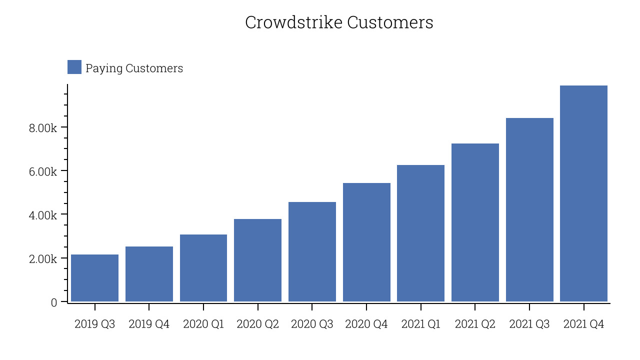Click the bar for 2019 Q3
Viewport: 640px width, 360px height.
click(94, 278)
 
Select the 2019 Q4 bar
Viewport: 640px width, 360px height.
click(149, 274)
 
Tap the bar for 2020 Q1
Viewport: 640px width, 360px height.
click(203, 268)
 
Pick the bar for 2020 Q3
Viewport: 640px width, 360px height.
click(312, 251)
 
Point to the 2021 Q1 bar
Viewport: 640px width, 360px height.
click(421, 233)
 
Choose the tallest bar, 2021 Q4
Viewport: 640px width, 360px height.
click(583, 193)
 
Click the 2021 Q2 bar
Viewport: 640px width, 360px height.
click(475, 222)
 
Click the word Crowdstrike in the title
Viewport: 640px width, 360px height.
click(293, 22)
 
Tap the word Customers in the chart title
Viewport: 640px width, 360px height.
click(390, 22)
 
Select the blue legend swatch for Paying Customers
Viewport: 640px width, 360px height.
click(74, 67)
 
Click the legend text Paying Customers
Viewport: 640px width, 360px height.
click(134, 68)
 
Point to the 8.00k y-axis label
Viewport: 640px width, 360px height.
click(43, 128)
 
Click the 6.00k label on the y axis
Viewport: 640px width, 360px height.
click(43, 171)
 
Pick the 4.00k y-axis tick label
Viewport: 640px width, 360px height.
click(43, 215)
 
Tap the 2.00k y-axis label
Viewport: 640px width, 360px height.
click(43, 259)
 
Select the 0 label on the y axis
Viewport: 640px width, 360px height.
click(54, 302)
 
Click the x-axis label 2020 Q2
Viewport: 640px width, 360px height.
click(257, 324)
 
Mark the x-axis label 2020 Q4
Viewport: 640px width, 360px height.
click(366, 324)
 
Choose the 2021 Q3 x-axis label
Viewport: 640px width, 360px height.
click(529, 324)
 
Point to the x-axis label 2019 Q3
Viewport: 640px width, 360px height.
click(95, 324)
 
